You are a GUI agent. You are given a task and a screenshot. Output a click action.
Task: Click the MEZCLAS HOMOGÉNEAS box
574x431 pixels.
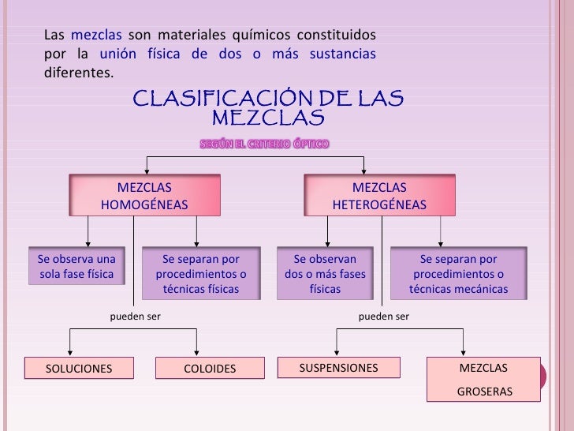tap(144, 196)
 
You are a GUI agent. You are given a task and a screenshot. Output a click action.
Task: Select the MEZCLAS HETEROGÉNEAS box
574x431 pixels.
tap(379, 196)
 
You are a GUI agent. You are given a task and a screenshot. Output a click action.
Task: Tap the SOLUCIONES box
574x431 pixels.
tap(79, 369)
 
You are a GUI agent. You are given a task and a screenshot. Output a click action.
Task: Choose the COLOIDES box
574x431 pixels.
tap(210, 369)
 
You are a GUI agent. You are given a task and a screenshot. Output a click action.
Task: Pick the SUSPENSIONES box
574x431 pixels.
tap(339, 368)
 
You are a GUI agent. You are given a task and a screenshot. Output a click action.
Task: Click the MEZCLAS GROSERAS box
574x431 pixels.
tap(484, 380)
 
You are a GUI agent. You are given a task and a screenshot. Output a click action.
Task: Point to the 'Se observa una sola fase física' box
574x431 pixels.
tap(76, 267)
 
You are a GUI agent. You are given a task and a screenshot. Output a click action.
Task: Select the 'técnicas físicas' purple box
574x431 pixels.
tap(200, 274)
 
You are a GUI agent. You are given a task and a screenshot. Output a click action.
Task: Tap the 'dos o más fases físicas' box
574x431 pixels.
tap(325, 274)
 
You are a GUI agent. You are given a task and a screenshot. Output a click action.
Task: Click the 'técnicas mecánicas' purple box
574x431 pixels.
tap(458, 274)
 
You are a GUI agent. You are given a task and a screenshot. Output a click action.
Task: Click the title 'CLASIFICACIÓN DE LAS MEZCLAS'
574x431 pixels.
tap(268, 108)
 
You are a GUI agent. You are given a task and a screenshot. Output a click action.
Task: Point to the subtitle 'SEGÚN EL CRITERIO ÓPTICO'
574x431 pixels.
tap(264, 144)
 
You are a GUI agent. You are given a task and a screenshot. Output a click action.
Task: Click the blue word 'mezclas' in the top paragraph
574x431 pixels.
tap(96, 35)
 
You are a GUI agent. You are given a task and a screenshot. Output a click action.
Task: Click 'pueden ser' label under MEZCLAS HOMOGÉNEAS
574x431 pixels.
tap(132, 317)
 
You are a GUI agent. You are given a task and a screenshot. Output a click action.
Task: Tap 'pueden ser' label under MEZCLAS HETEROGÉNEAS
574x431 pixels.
tap(384, 317)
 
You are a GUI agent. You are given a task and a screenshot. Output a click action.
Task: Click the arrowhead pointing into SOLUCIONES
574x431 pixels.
tap(71, 353)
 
